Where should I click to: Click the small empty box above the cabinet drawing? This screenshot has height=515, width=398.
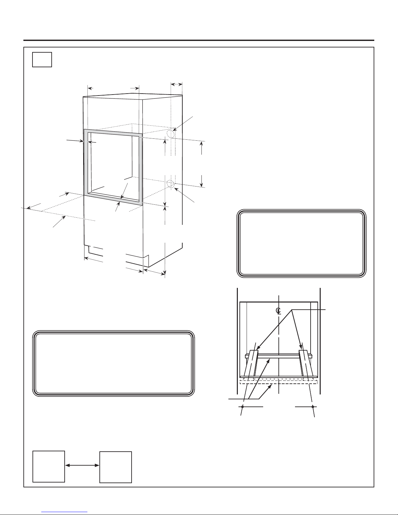(42, 59)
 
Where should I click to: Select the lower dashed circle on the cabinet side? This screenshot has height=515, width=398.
(170, 184)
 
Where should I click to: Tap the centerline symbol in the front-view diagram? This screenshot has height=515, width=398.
(279, 311)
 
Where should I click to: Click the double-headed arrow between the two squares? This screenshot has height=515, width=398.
(82, 465)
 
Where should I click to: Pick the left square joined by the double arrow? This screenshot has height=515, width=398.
(48, 466)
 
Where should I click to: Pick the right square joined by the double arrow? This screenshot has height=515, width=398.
(116, 467)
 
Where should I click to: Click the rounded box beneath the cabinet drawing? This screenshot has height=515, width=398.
(113, 363)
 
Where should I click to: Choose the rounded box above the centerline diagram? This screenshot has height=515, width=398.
(302, 243)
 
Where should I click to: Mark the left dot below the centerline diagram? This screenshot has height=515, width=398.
(242, 407)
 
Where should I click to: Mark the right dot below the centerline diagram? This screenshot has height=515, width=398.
(313, 407)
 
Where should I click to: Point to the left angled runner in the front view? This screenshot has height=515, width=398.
(250, 364)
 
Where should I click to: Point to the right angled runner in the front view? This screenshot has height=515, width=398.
(305, 364)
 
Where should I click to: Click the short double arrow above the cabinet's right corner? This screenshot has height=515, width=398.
(176, 84)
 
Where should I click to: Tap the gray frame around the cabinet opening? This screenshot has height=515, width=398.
(84, 163)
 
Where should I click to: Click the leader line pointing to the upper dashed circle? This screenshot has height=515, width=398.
(183, 123)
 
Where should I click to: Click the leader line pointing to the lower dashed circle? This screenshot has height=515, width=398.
(184, 195)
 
